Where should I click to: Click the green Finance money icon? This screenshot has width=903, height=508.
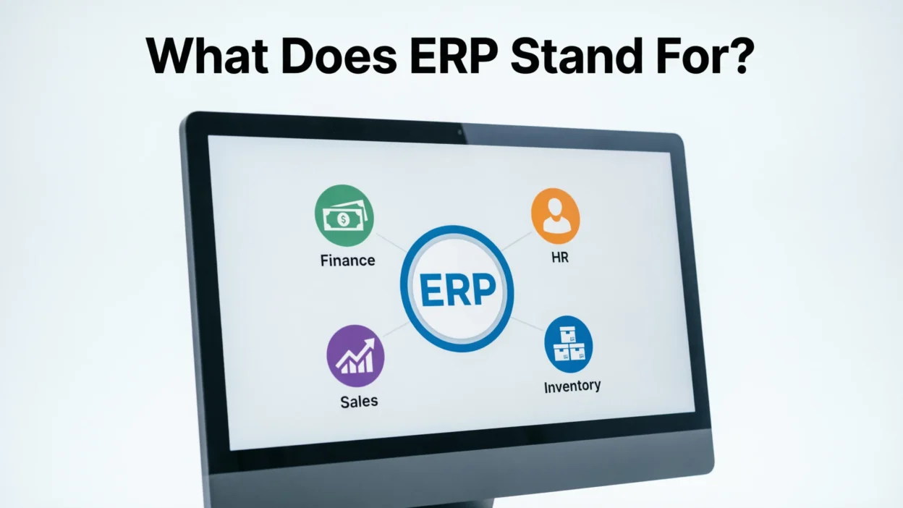pyautogui.click(x=344, y=216)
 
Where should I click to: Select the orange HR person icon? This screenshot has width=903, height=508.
pyautogui.click(x=556, y=216)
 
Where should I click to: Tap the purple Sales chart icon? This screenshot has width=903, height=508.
pyautogui.click(x=355, y=355)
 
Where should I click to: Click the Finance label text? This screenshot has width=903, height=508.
pyautogui.click(x=347, y=261)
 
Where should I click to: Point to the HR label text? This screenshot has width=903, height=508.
pyautogui.click(x=559, y=257)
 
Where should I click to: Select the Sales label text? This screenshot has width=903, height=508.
pyautogui.click(x=359, y=401)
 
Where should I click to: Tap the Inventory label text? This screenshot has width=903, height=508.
pyautogui.click(x=572, y=386)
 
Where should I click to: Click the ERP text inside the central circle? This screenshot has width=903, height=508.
pyautogui.click(x=457, y=289)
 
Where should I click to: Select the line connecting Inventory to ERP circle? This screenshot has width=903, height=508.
pyautogui.click(x=527, y=324)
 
